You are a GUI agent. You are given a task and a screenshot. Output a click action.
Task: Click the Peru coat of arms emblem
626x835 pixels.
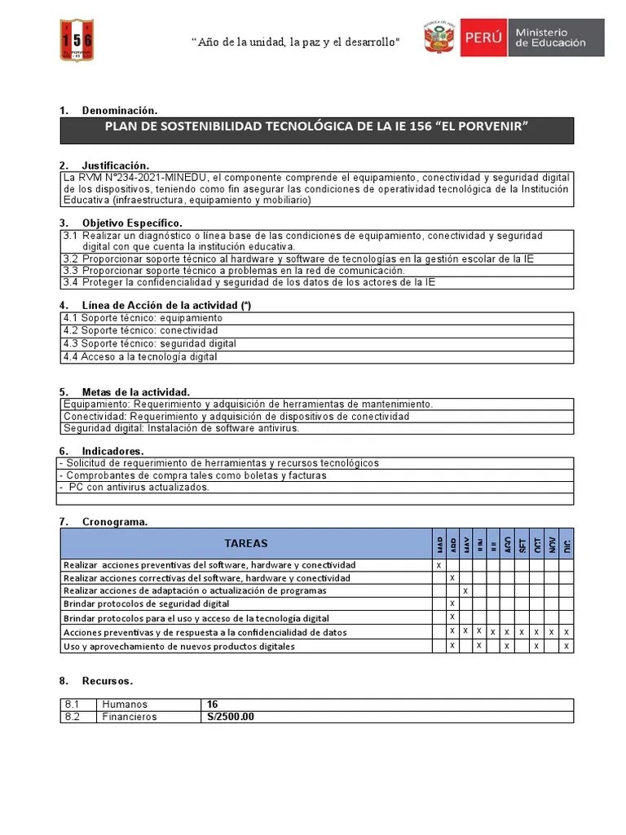click(439, 38)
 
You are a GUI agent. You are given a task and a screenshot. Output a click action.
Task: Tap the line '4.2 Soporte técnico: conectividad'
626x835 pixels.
click(140, 331)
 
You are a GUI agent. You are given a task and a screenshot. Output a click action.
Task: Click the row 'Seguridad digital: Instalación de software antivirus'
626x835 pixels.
click(181, 428)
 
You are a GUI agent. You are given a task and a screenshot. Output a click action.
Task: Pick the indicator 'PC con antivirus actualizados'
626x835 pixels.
click(139, 487)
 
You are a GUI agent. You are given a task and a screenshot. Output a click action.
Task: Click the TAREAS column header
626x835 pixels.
click(245, 543)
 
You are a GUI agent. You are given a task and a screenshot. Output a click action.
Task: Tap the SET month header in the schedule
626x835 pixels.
click(522, 544)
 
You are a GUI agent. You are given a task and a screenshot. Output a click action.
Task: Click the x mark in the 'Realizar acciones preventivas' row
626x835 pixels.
click(439, 565)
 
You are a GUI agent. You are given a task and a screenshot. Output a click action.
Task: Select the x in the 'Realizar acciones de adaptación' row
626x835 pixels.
click(465, 590)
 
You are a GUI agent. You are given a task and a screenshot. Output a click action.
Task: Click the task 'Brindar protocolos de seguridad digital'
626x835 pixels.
click(146, 604)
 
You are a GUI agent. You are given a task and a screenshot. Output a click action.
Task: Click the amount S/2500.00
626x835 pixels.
click(231, 717)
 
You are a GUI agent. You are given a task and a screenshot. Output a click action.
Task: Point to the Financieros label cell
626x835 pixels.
click(130, 717)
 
